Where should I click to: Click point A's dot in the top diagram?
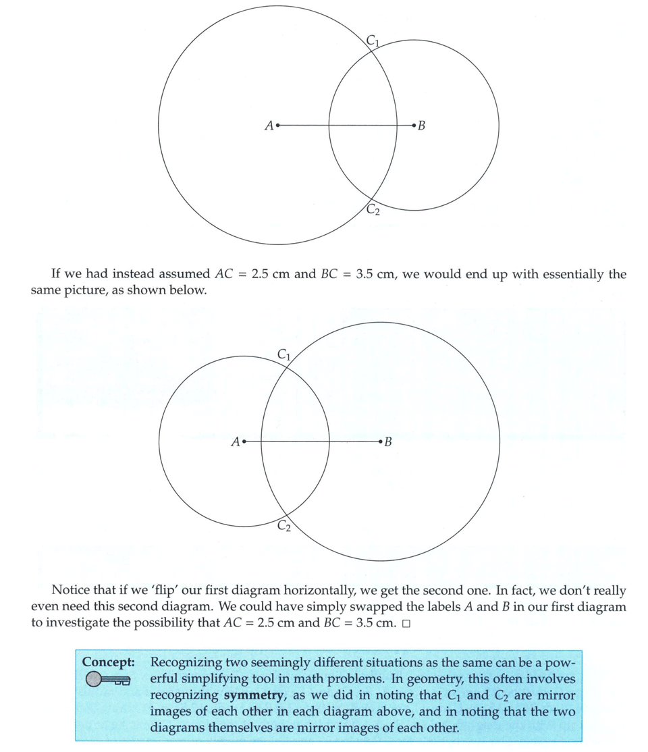(x=277, y=125)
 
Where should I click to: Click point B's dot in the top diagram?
(x=413, y=125)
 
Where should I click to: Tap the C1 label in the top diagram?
(x=373, y=41)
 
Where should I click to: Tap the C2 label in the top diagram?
(x=373, y=211)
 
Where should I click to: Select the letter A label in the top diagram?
(x=269, y=126)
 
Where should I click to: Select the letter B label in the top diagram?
(x=422, y=126)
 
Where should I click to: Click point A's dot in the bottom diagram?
(x=244, y=442)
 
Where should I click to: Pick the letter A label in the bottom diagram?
(x=235, y=443)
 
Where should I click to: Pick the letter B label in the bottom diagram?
(x=388, y=443)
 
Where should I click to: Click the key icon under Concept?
(x=107, y=680)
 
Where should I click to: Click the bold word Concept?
(x=108, y=662)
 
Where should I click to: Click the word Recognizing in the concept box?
(x=187, y=662)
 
